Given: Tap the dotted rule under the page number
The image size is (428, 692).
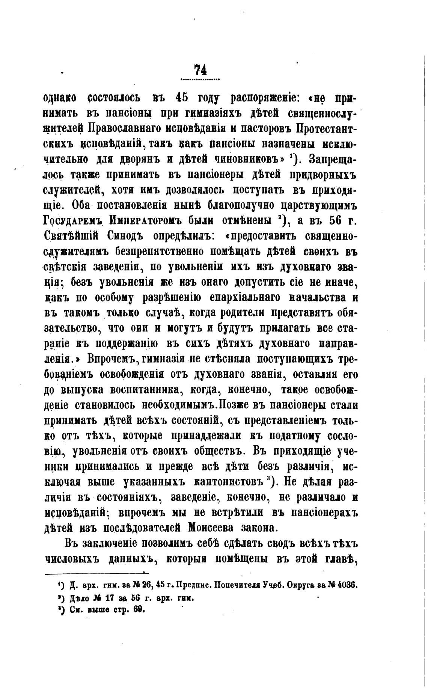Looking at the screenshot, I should point(200,80).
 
